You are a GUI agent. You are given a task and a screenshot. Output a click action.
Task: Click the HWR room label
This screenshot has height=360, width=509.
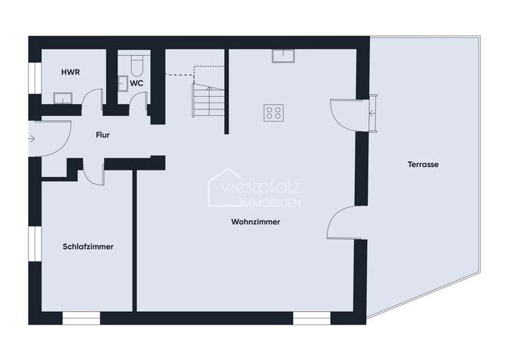click(69, 72)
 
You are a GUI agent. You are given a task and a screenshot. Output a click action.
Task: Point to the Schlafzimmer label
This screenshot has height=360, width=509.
click(88, 247)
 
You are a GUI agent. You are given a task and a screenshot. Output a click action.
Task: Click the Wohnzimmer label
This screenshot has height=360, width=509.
click(255, 222)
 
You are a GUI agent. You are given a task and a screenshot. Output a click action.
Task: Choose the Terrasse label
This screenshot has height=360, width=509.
click(423, 164)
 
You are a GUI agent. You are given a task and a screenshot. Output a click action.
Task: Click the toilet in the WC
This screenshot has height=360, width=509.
click(136, 64)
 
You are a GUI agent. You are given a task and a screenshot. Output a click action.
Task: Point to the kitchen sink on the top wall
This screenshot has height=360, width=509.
click(286, 54)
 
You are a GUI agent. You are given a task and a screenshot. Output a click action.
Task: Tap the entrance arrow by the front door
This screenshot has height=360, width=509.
click(31, 139)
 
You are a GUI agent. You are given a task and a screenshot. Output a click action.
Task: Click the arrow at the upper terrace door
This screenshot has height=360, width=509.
click(373, 112)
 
